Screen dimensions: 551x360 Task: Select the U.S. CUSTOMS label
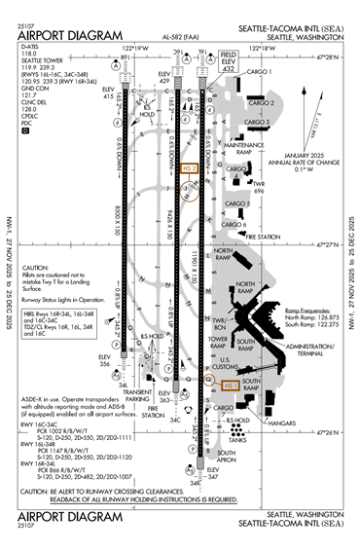coord(231,364)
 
